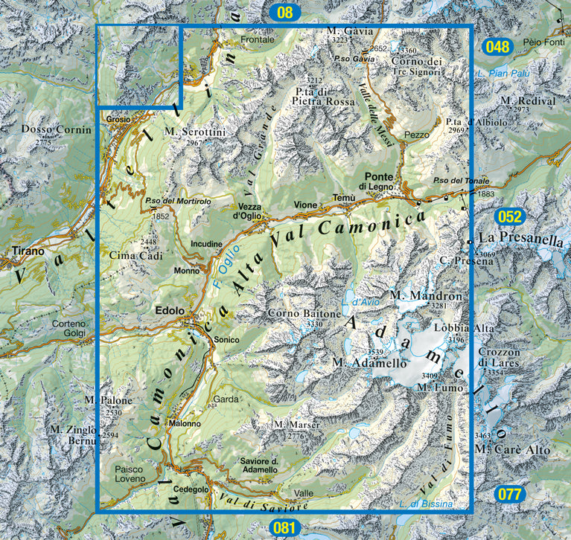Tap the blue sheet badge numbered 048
(497, 47)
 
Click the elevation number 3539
(379, 352)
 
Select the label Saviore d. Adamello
(259, 466)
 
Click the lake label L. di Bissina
(426, 504)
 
